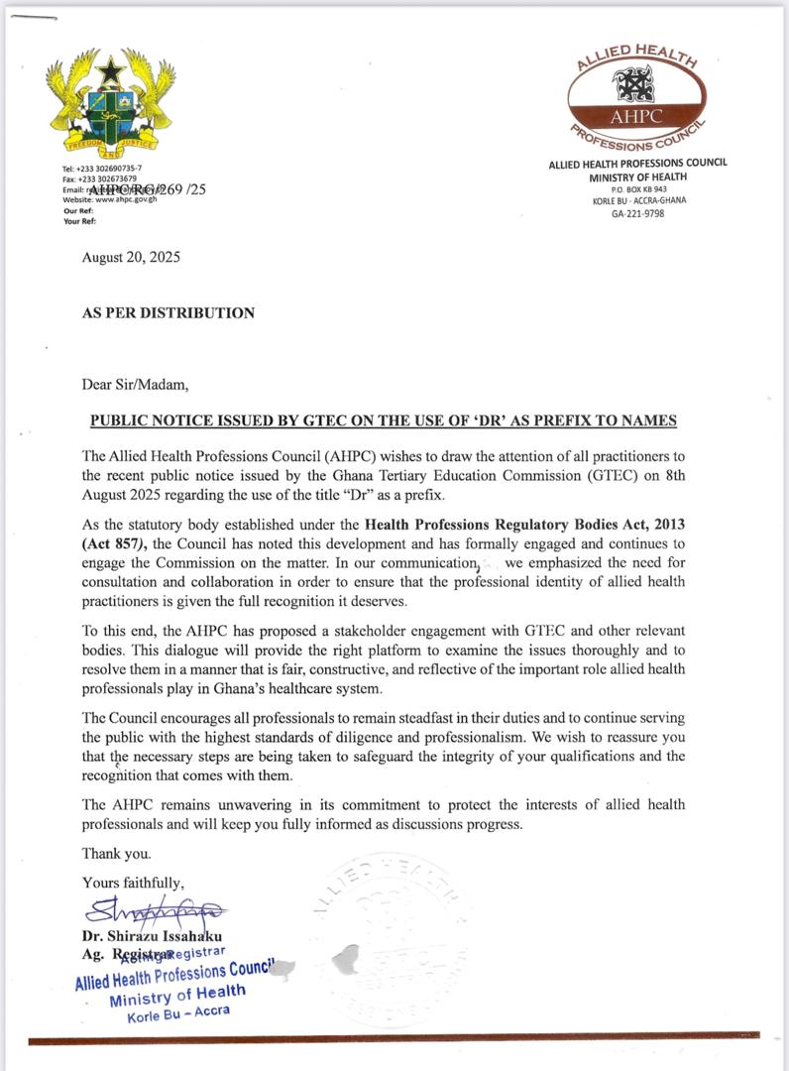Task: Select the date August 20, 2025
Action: tap(131, 258)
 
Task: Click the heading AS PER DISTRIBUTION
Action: tap(168, 313)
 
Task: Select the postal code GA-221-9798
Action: tap(638, 212)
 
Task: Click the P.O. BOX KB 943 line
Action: tap(638, 188)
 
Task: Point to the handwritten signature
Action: tap(155, 910)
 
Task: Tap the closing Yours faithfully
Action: tap(133, 882)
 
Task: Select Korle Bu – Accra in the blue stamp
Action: tap(178, 1013)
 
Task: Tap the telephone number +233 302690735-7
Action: tap(109, 169)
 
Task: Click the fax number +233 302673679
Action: tap(107, 178)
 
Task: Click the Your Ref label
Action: tap(78, 221)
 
